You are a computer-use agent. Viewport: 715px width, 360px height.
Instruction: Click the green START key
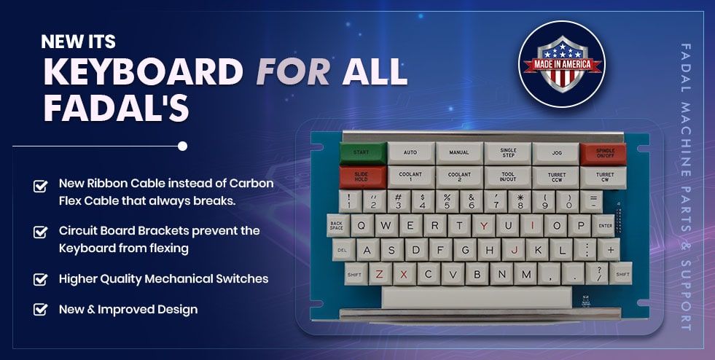363,153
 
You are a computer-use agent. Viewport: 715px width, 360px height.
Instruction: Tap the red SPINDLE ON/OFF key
603,154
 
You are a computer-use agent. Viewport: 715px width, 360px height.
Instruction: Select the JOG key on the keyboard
555,154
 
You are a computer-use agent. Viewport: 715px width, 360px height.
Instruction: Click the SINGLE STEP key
507,153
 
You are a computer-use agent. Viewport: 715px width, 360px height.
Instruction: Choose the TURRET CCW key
556,178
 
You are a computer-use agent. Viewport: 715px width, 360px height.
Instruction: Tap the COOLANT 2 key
459,177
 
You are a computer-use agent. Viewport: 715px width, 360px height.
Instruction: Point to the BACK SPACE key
338,226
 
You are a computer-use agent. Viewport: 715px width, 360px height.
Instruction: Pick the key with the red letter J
513,250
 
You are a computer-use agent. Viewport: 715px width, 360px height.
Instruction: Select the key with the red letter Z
380,274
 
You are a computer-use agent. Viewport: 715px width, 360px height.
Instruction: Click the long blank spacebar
477,297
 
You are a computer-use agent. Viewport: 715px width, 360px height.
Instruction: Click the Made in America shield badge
562,64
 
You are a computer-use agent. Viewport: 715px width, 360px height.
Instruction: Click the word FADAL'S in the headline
117,108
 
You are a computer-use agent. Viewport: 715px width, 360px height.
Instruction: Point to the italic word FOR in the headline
293,71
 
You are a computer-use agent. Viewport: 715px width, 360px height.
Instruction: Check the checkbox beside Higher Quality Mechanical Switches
41,279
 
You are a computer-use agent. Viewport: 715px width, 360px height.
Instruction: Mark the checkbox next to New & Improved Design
41,310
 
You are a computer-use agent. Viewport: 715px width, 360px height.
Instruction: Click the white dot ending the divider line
182,146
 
